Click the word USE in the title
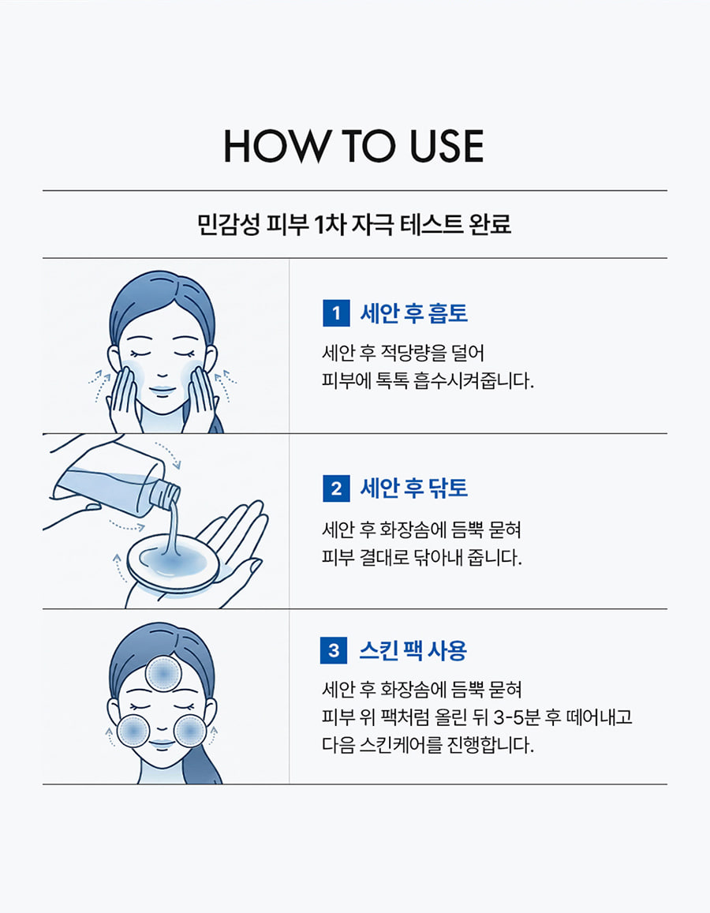pos(447,146)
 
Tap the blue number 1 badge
pos(336,313)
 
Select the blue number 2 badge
pos(336,488)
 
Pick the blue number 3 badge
pos(334,649)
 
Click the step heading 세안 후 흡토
pos(414,313)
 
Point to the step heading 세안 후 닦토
pos(414,488)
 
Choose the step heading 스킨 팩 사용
pos(413,650)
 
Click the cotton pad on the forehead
pos(163,674)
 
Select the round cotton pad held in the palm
pos(173,564)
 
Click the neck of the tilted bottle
pos(164,492)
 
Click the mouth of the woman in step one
pos(163,389)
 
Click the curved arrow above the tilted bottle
pos(168,455)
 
